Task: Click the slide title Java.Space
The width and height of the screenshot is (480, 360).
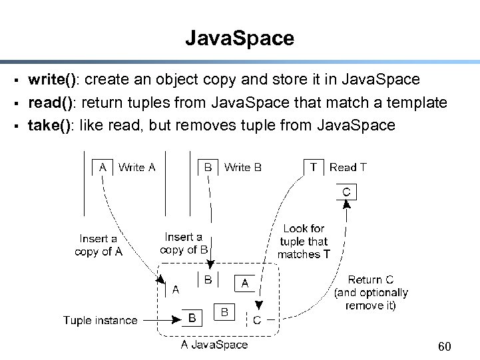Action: point(240,38)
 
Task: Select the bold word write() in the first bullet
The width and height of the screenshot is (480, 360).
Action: point(53,80)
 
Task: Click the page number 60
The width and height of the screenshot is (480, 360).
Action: point(445,347)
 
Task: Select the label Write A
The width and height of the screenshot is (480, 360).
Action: point(136,168)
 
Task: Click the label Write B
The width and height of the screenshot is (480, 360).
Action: point(242,168)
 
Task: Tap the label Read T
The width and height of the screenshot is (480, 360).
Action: point(348,168)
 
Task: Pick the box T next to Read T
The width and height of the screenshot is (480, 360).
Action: point(313,168)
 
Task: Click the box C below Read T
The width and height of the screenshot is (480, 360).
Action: point(346,192)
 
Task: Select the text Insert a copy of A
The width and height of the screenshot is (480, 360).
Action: point(99,245)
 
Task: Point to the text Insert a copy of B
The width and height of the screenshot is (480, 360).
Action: point(184,244)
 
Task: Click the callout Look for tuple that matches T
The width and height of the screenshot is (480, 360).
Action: point(304,242)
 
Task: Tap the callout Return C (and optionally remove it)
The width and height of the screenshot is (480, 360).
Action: point(371,293)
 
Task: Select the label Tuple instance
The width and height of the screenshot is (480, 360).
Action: point(100,321)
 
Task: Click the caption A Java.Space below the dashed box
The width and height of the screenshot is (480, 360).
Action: point(214,345)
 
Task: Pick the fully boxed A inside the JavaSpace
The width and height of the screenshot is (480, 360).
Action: point(244,283)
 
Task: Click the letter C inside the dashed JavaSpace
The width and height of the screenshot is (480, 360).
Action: point(257,320)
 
